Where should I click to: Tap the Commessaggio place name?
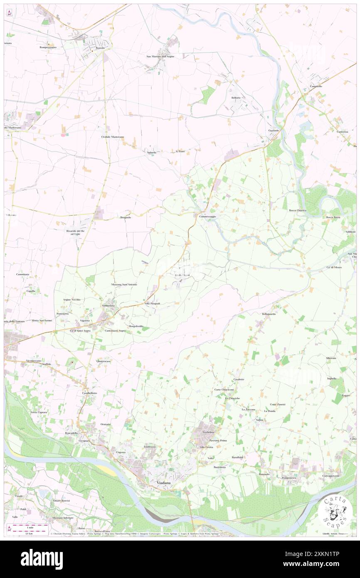point(207,217)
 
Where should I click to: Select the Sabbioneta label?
point(110,306)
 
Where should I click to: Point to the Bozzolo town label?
point(100,48)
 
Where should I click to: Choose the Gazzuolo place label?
point(273,130)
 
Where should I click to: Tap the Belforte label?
point(236,97)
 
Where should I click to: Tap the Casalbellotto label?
point(89,393)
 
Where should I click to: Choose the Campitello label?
point(316,86)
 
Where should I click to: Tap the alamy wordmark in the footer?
point(42,559)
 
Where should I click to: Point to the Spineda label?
point(152,153)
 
